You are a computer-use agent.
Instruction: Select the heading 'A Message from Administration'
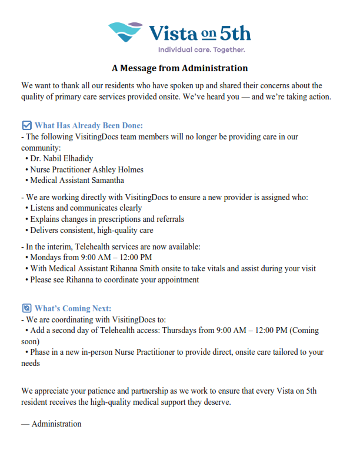[180, 68]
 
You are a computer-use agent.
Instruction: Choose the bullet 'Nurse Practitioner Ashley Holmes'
[86, 169]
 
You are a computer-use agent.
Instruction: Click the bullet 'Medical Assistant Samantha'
[76, 181]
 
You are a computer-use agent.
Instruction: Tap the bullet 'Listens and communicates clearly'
[86, 208]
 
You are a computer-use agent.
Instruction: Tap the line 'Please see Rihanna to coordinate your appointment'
[114, 279]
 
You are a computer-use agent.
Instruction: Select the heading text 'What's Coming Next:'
[73, 308]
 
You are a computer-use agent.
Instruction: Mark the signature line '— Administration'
[51, 424]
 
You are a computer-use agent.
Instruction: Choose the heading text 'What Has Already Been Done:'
[89, 125]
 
